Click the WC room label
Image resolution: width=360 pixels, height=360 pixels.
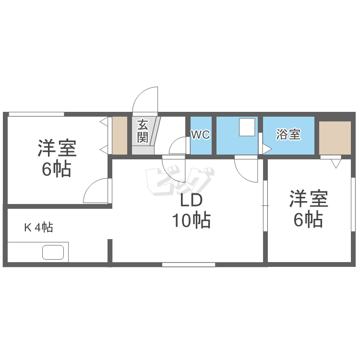pos(200,135)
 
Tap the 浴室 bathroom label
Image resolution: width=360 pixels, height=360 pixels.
pos(288,135)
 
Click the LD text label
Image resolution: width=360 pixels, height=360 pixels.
pos(192,201)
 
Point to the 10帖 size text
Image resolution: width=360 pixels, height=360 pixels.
pos(191,220)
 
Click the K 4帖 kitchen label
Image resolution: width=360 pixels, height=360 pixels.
pos(38,227)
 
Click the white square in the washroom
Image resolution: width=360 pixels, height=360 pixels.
pos(247,127)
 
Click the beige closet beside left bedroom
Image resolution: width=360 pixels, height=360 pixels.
pos(120,135)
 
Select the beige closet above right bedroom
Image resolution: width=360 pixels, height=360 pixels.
pos(335,138)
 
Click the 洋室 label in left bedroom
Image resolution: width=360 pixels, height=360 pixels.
pos(57,148)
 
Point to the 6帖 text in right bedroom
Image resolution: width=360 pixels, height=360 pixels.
pos(308,219)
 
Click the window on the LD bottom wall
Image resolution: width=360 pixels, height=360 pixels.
pos(188,264)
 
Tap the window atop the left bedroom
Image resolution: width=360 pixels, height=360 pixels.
pos(36,114)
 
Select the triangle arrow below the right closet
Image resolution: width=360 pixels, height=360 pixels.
pos(336,163)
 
